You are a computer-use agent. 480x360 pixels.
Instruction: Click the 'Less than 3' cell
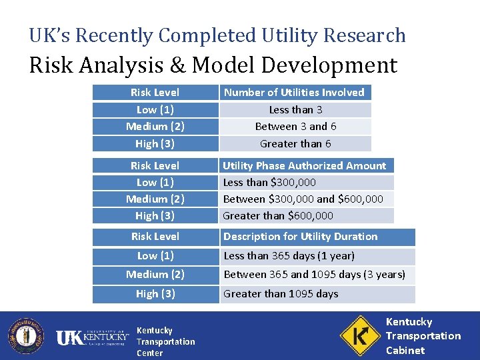(x=295, y=109)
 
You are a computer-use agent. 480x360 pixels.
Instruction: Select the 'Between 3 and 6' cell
(x=295, y=126)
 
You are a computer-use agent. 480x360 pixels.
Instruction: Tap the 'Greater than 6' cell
(x=295, y=143)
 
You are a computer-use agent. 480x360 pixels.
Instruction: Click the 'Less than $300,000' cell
(x=269, y=182)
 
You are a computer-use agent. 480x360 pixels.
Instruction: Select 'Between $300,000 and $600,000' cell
(x=303, y=199)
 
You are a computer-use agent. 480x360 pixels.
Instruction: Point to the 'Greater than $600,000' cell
(x=278, y=215)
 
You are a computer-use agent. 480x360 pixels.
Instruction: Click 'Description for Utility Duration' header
(x=300, y=237)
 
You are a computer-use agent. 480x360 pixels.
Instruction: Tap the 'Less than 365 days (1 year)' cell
(x=289, y=256)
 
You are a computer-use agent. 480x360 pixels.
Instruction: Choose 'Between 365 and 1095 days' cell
(x=315, y=275)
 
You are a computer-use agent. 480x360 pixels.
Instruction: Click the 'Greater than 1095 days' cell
(x=281, y=294)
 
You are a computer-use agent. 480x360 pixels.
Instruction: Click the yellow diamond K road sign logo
(x=359, y=335)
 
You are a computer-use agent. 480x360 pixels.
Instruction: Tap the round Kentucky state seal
(x=26, y=336)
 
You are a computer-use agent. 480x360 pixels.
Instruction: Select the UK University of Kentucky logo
(x=92, y=338)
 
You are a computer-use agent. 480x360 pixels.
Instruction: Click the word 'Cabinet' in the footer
(x=405, y=350)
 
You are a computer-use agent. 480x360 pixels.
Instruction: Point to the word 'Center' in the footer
(x=149, y=353)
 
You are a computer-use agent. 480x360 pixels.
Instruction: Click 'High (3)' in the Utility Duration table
(x=155, y=294)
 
